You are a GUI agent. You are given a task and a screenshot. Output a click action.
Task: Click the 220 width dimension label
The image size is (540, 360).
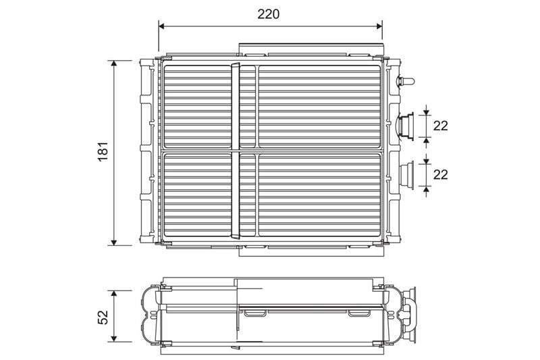tap(268, 14)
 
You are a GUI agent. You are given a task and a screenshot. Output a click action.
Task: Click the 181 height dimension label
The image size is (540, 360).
tap(103, 151)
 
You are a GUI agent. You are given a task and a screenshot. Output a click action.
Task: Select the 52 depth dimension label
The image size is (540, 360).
tap(103, 317)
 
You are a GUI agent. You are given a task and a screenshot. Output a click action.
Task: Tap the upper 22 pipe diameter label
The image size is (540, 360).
tap(441, 126)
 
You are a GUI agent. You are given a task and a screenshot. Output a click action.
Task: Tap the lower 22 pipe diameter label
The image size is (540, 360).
tap(441, 175)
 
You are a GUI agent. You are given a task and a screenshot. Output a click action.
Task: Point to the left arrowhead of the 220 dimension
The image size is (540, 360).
tap(163, 26)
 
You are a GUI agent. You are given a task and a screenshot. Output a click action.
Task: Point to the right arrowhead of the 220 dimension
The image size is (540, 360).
tap(379, 26)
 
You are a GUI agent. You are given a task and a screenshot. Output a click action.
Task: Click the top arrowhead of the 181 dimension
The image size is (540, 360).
tap(114, 64)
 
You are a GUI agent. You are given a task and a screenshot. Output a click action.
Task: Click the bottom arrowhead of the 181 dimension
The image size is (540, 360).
tap(114, 242)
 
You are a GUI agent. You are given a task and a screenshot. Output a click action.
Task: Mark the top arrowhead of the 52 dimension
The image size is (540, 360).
tap(114, 294)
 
